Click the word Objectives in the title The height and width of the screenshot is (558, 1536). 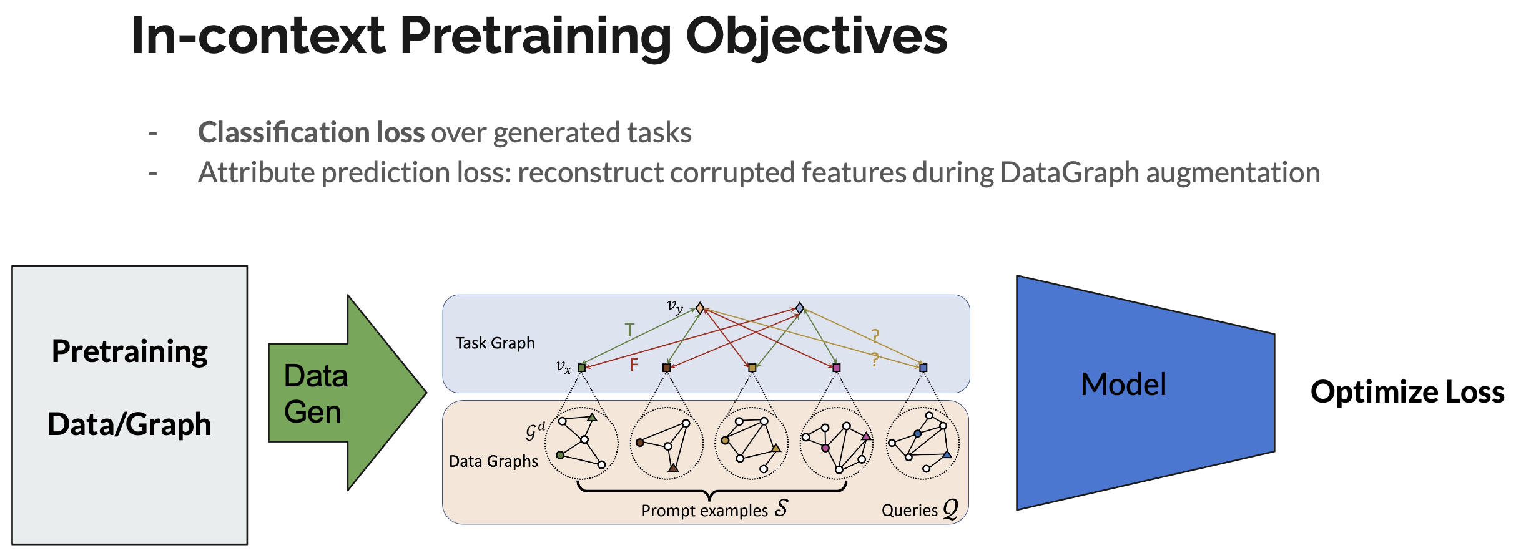pos(816,36)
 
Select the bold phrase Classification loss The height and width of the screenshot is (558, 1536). pos(311,133)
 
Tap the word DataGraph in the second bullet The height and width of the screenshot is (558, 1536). pos(1070,173)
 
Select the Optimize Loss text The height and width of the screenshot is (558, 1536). pos(1407,393)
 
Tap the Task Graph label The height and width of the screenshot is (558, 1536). pos(495,343)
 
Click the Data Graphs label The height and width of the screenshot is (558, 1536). pos(493,461)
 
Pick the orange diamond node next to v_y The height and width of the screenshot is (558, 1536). pos(700,308)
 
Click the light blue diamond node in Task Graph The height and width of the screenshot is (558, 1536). pos(800,308)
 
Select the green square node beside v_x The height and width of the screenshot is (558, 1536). pos(581,368)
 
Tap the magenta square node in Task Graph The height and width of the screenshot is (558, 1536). pos(837,368)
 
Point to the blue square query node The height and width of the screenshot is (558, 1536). pos(923,368)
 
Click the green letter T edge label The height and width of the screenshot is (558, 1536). pos(629,330)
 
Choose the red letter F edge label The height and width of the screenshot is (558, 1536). pos(634,365)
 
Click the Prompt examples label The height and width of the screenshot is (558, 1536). pos(704,511)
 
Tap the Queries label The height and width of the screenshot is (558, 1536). pos(909,511)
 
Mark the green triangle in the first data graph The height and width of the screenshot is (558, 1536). pos(592,417)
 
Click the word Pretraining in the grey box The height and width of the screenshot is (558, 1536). pos(129,351)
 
